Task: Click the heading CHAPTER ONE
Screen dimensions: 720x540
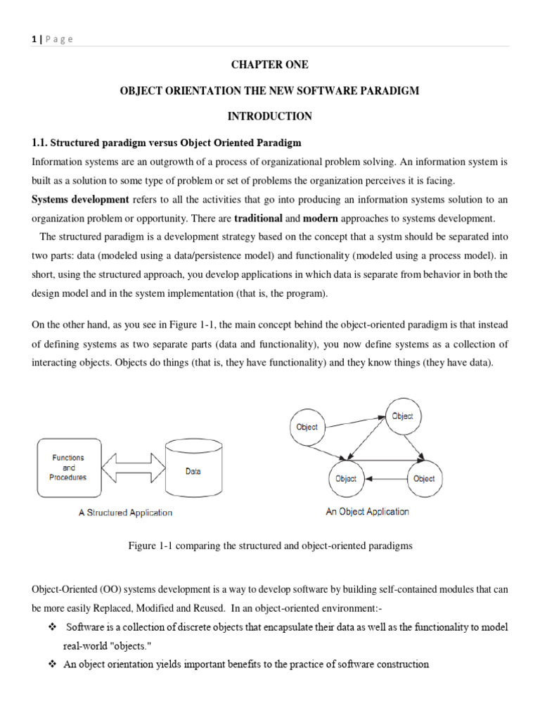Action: pos(270,65)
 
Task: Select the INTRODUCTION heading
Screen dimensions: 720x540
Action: pos(270,115)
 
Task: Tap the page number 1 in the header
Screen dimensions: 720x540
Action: pos(34,39)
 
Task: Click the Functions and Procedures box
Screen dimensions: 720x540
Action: pos(68,468)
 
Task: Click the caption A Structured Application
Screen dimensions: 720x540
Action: pos(125,513)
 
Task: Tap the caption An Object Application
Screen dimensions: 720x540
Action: pos(367,512)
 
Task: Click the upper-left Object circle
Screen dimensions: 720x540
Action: pos(307,427)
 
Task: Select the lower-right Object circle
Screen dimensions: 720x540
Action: pos(424,479)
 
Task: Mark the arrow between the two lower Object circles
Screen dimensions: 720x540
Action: pos(385,479)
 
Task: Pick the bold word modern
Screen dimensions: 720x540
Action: pos(321,218)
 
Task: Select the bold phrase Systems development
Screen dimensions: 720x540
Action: pos(80,199)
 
